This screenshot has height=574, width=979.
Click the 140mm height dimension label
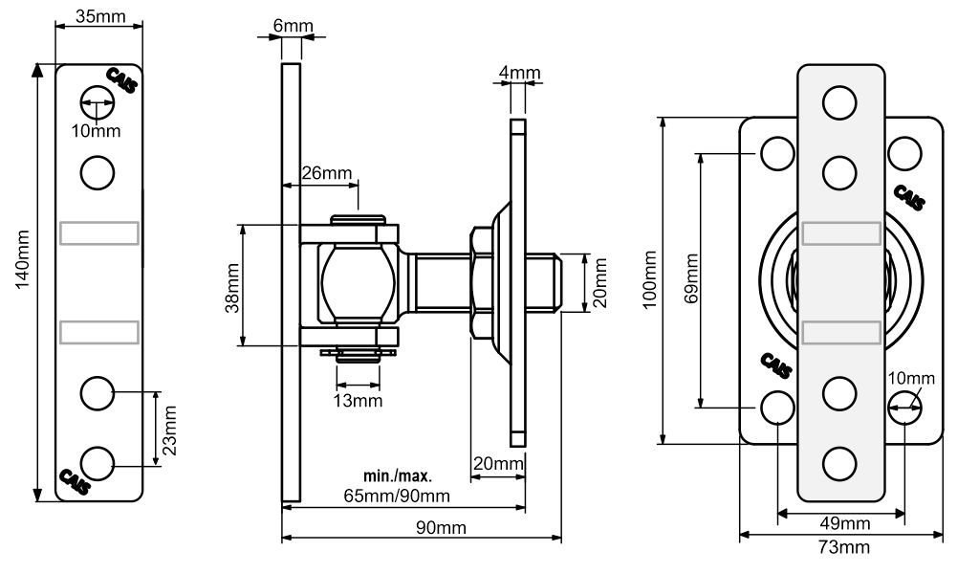point(23,259)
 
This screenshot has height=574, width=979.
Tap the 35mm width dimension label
point(99,15)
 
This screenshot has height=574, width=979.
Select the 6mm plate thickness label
point(293,26)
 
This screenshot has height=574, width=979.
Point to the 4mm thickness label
point(519,73)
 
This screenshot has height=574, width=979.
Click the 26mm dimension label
point(327,173)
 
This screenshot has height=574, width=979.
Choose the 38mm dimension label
point(232,288)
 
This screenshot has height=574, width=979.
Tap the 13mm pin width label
point(358,400)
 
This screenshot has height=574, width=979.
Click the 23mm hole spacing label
point(169,430)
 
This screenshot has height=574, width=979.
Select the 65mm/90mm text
point(397,496)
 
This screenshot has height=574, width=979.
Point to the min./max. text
point(397,476)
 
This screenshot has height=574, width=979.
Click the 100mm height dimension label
point(649,279)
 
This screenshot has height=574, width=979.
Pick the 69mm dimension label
point(691,278)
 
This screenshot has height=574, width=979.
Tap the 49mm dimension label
point(845,522)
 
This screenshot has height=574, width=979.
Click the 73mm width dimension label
point(844,547)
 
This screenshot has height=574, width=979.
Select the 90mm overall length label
point(442,528)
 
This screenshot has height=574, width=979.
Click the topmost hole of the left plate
point(98,102)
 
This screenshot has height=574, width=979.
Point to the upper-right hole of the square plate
point(904,153)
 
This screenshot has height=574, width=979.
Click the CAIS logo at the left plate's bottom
point(75,481)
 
